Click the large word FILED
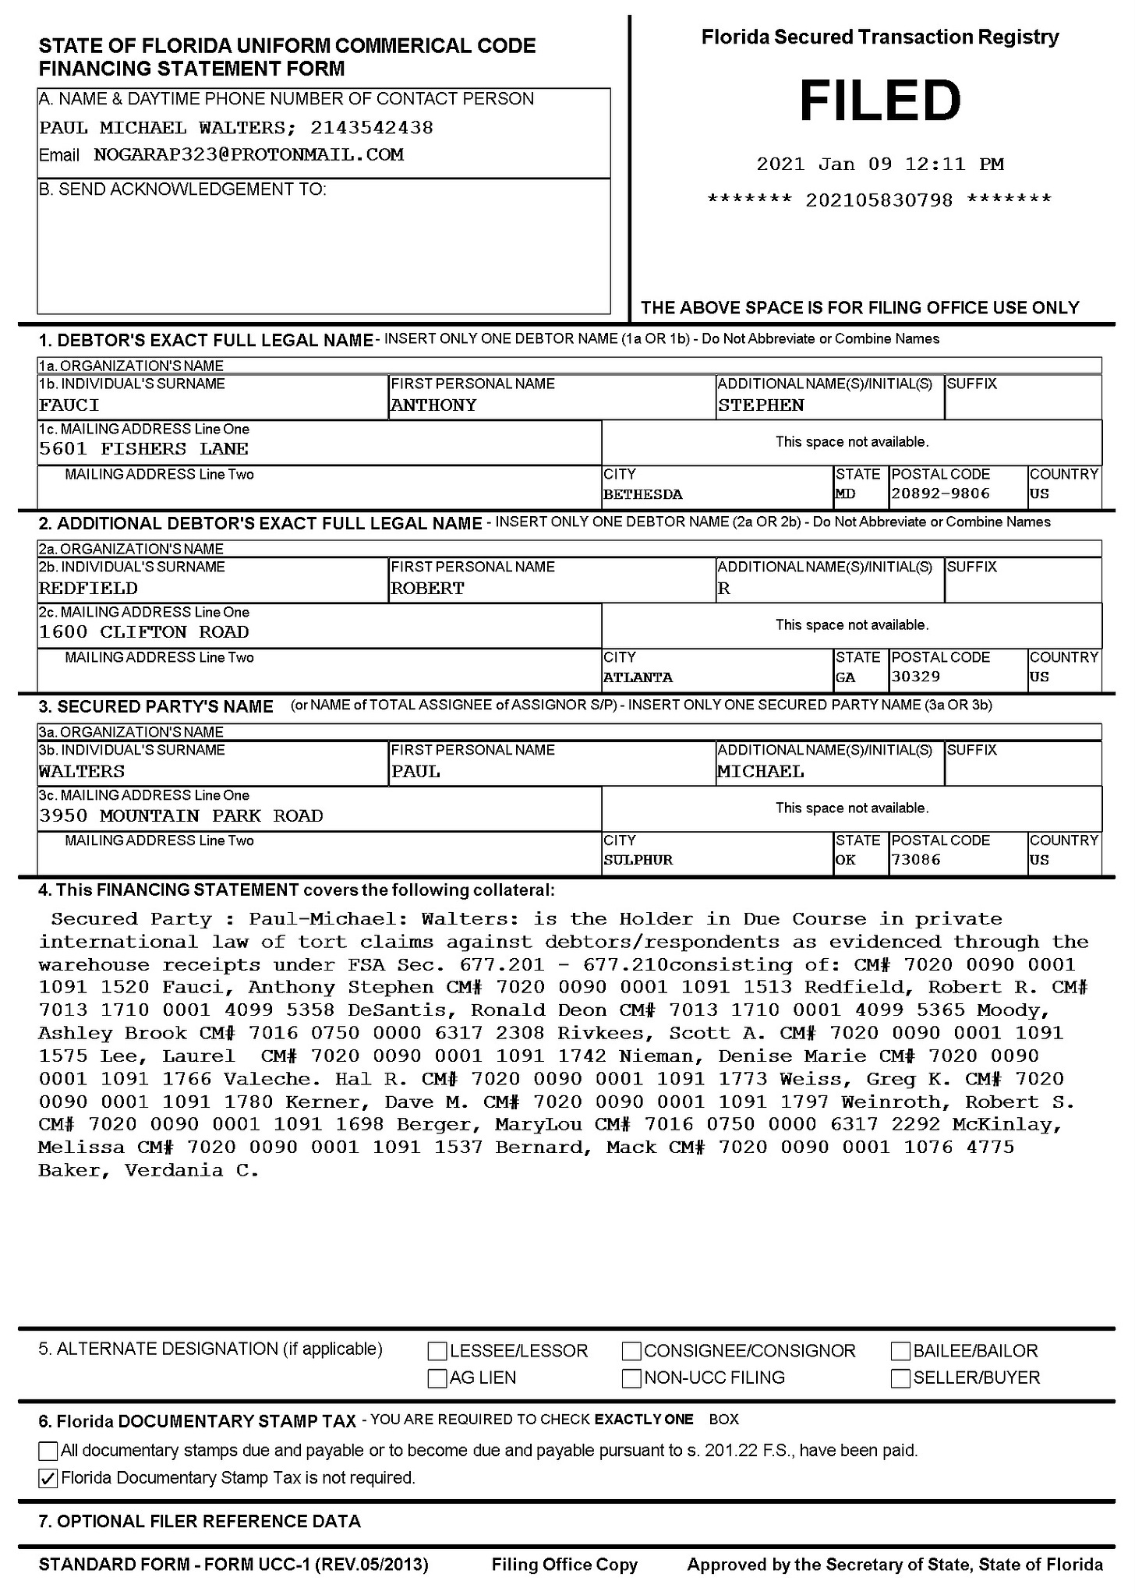point(879,101)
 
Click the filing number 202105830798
point(879,200)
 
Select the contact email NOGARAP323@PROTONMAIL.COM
point(249,154)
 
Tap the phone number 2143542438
point(371,127)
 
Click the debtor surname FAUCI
point(69,405)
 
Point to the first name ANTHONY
point(433,405)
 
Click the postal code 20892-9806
point(940,493)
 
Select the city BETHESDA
point(642,494)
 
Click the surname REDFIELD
point(88,589)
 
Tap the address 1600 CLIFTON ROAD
point(144,632)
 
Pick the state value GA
point(845,677)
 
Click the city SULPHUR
point(638,860)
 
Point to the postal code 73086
point(915,860)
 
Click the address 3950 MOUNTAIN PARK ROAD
point(181,815)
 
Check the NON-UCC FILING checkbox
point(631,1378)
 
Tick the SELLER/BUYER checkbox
point(900,1378)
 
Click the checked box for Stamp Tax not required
point(48,1478)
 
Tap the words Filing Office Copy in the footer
point(564,1565)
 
